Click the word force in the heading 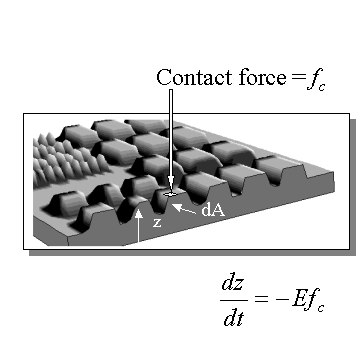(262, 78)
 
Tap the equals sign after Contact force (298, 78)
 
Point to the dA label (213, 210)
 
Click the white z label (157, 223)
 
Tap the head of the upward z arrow (139, 213)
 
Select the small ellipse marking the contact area (170, 194)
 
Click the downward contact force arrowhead (171, 184)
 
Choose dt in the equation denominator (234, 317)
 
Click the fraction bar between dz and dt (234, 300)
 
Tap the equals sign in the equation (261, 299)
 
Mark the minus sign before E (282, 299)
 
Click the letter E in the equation (299, 298)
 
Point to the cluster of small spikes (68, 158)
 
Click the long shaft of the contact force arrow (171, 133)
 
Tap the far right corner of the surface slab (333, 172)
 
